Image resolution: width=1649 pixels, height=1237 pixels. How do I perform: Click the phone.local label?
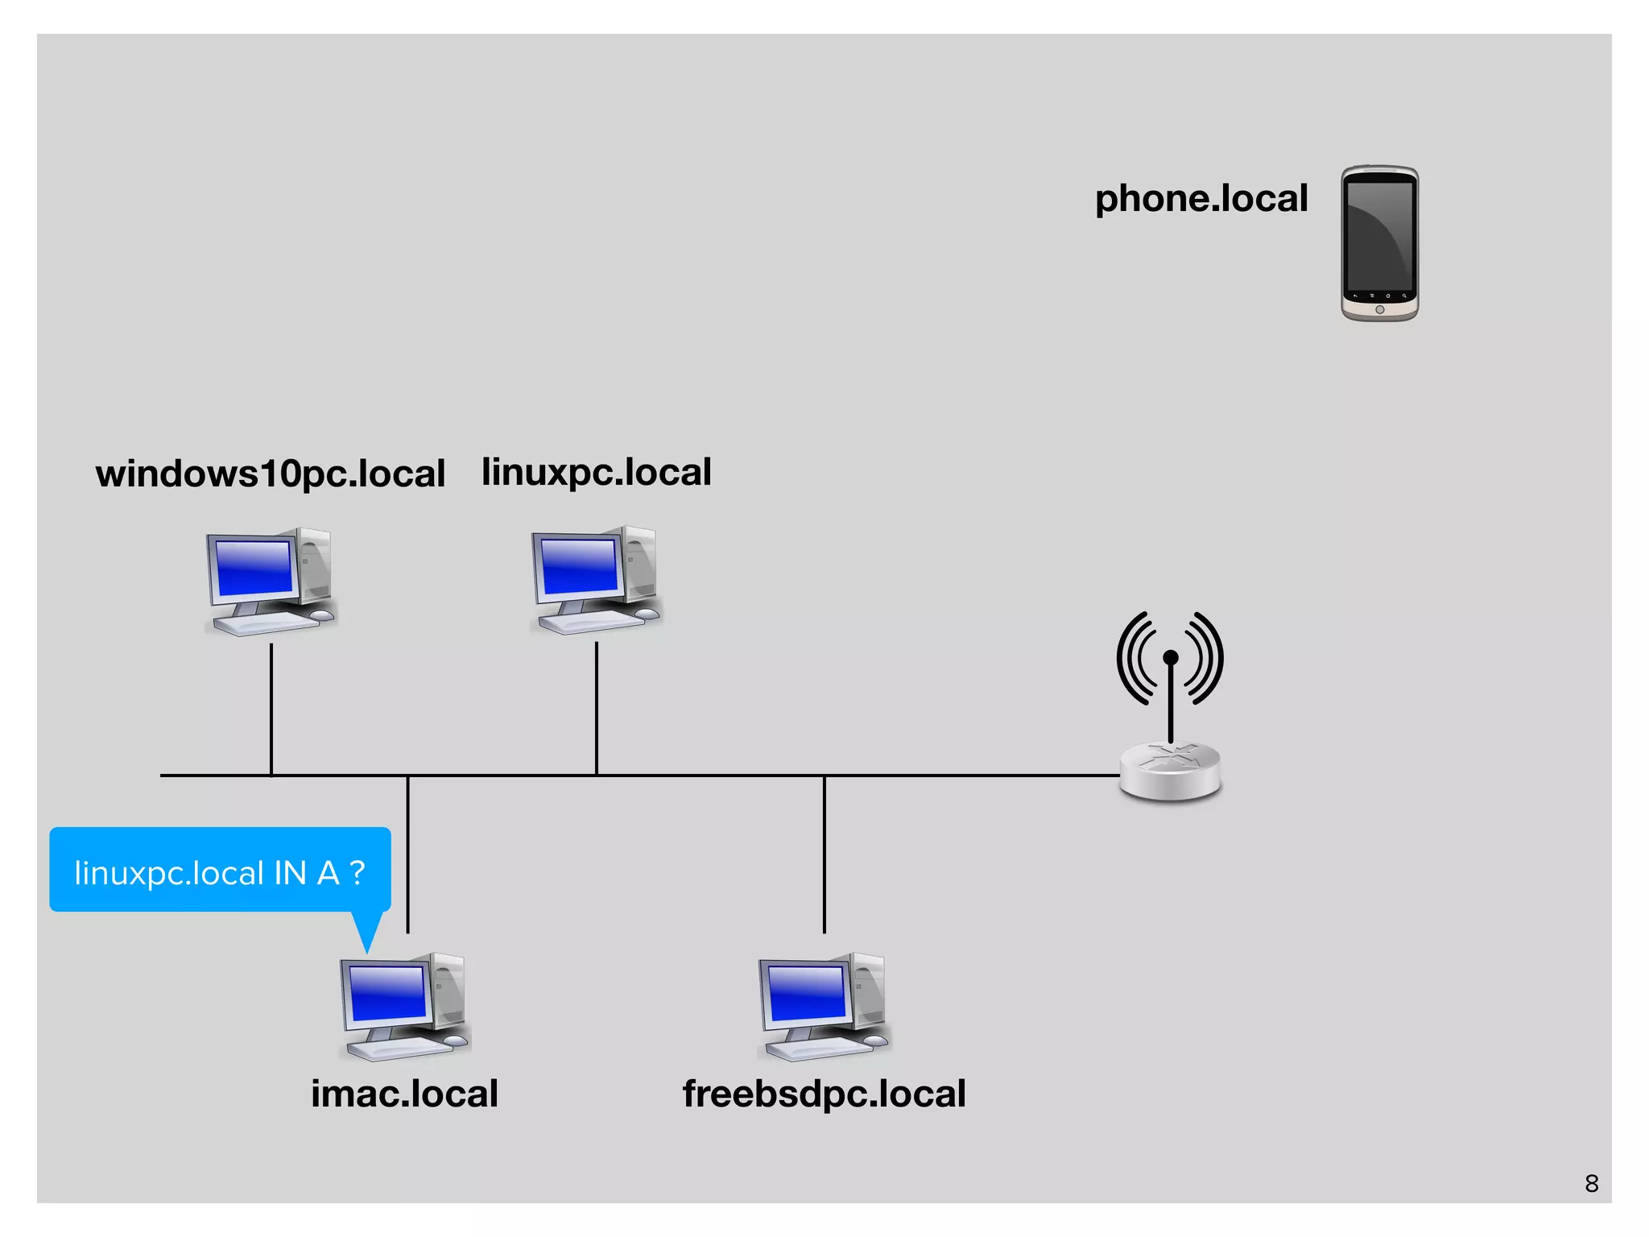[x=1201, y=199]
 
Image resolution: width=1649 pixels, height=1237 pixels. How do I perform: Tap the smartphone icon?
[x=1378, y=243]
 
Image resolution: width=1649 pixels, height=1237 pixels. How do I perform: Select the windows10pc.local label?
[x=270, y=474]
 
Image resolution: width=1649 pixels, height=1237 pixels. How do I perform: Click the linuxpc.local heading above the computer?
[x=596, y=472]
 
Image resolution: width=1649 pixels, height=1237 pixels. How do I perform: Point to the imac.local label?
[x=404, y=1094]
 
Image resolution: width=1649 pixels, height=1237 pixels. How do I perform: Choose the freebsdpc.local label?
[x=824, y=1094]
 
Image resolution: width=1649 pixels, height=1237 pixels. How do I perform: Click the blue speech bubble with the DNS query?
[x=219, y=870]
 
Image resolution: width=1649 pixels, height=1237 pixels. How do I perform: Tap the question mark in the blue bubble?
[x=357, y=872]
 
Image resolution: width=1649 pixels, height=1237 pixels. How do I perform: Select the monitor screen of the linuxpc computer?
[x=579, y=566]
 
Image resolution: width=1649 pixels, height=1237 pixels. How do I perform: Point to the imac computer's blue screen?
[x=387, y=992]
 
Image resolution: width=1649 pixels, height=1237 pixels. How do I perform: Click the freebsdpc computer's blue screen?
[x=806, y=992]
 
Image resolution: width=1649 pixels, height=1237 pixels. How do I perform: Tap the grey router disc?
[x=1170, y=772]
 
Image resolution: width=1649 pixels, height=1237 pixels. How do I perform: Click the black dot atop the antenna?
[x=1171, y=657]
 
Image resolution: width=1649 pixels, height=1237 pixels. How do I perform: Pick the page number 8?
[x=1591, y=1183]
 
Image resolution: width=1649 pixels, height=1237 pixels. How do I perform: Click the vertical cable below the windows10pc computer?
[x=271, y=709]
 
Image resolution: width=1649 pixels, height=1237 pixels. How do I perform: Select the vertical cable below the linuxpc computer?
[x=597, y=709]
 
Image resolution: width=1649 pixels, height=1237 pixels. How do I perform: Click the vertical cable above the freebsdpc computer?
[x=824, y=854]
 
